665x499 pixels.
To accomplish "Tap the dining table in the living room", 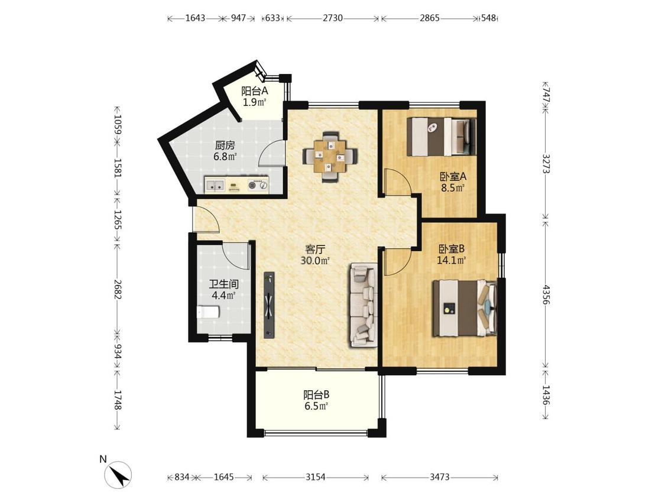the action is point(330,157).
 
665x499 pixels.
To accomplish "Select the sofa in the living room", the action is point(364,305).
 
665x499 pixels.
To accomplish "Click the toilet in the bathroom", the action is point(208,313).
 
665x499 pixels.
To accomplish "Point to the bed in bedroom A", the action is point(442,137).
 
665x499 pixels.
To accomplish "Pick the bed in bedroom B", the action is point(465,308).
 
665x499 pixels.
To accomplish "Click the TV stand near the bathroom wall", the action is point(270,305).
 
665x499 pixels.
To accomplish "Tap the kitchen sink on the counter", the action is point(215,185).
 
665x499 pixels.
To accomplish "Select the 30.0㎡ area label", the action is point(315,261).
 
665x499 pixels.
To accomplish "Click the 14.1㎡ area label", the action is point(451,261).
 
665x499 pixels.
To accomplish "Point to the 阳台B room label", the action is point(316,395).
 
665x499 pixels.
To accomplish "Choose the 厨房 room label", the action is point(225,145).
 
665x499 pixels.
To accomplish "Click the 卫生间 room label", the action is point(223,284).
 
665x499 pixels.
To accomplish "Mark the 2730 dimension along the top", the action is point(332,18).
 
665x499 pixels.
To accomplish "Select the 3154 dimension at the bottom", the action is point(316,477).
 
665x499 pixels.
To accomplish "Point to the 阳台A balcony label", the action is point(255,91).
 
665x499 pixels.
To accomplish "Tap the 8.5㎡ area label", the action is point(453,187).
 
